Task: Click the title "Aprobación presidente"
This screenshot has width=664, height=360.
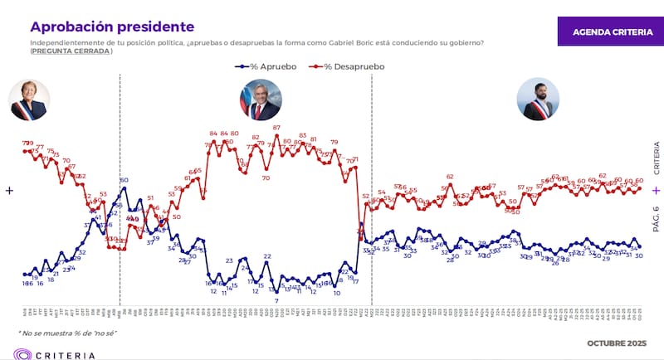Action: pos(112,27)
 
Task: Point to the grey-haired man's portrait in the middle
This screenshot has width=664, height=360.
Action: pos(261,100)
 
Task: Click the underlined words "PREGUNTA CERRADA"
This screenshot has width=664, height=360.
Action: pos(71,51)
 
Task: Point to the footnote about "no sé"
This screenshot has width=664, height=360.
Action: pos(67,333)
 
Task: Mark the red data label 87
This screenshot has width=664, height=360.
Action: pos(276,128)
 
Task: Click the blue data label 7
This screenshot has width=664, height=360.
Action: pos(276,301)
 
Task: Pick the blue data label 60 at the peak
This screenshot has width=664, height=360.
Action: pos(124,180)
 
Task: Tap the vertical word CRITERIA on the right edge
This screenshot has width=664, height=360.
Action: pos(656,157)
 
